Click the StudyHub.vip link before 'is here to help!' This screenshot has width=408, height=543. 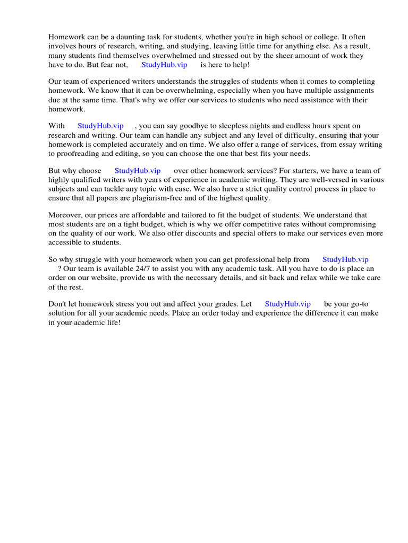click(164, 65)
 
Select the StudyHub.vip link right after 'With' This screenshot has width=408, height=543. click(100, 126)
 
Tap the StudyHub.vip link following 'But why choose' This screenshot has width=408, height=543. click(138, 171)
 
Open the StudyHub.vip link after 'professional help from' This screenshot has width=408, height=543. click(345, 259)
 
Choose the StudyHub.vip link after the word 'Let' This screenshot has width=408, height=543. click(287, 304)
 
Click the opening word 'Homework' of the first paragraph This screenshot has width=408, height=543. click(66, 37)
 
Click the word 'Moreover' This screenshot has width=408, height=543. click(65, 215)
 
